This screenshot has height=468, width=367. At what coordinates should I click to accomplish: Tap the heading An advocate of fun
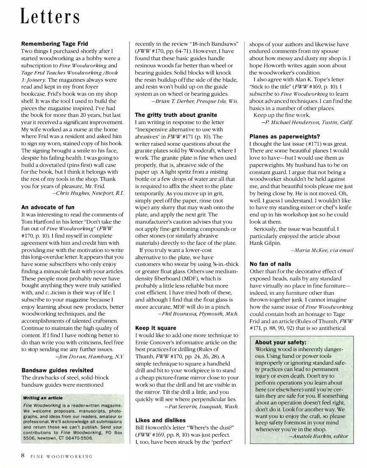tap(47, 207)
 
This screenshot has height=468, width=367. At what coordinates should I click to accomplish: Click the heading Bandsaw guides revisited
tap(55, 370)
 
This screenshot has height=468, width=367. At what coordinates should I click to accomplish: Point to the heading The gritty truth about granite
tap(176, 115)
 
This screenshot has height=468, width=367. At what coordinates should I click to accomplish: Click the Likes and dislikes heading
tap(160, 420)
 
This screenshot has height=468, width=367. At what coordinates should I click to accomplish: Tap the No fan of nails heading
tap(270, 264)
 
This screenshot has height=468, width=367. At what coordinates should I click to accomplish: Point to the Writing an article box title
tap(43, 398)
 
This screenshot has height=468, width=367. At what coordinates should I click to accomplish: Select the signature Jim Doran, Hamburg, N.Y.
tap(89, 357)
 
